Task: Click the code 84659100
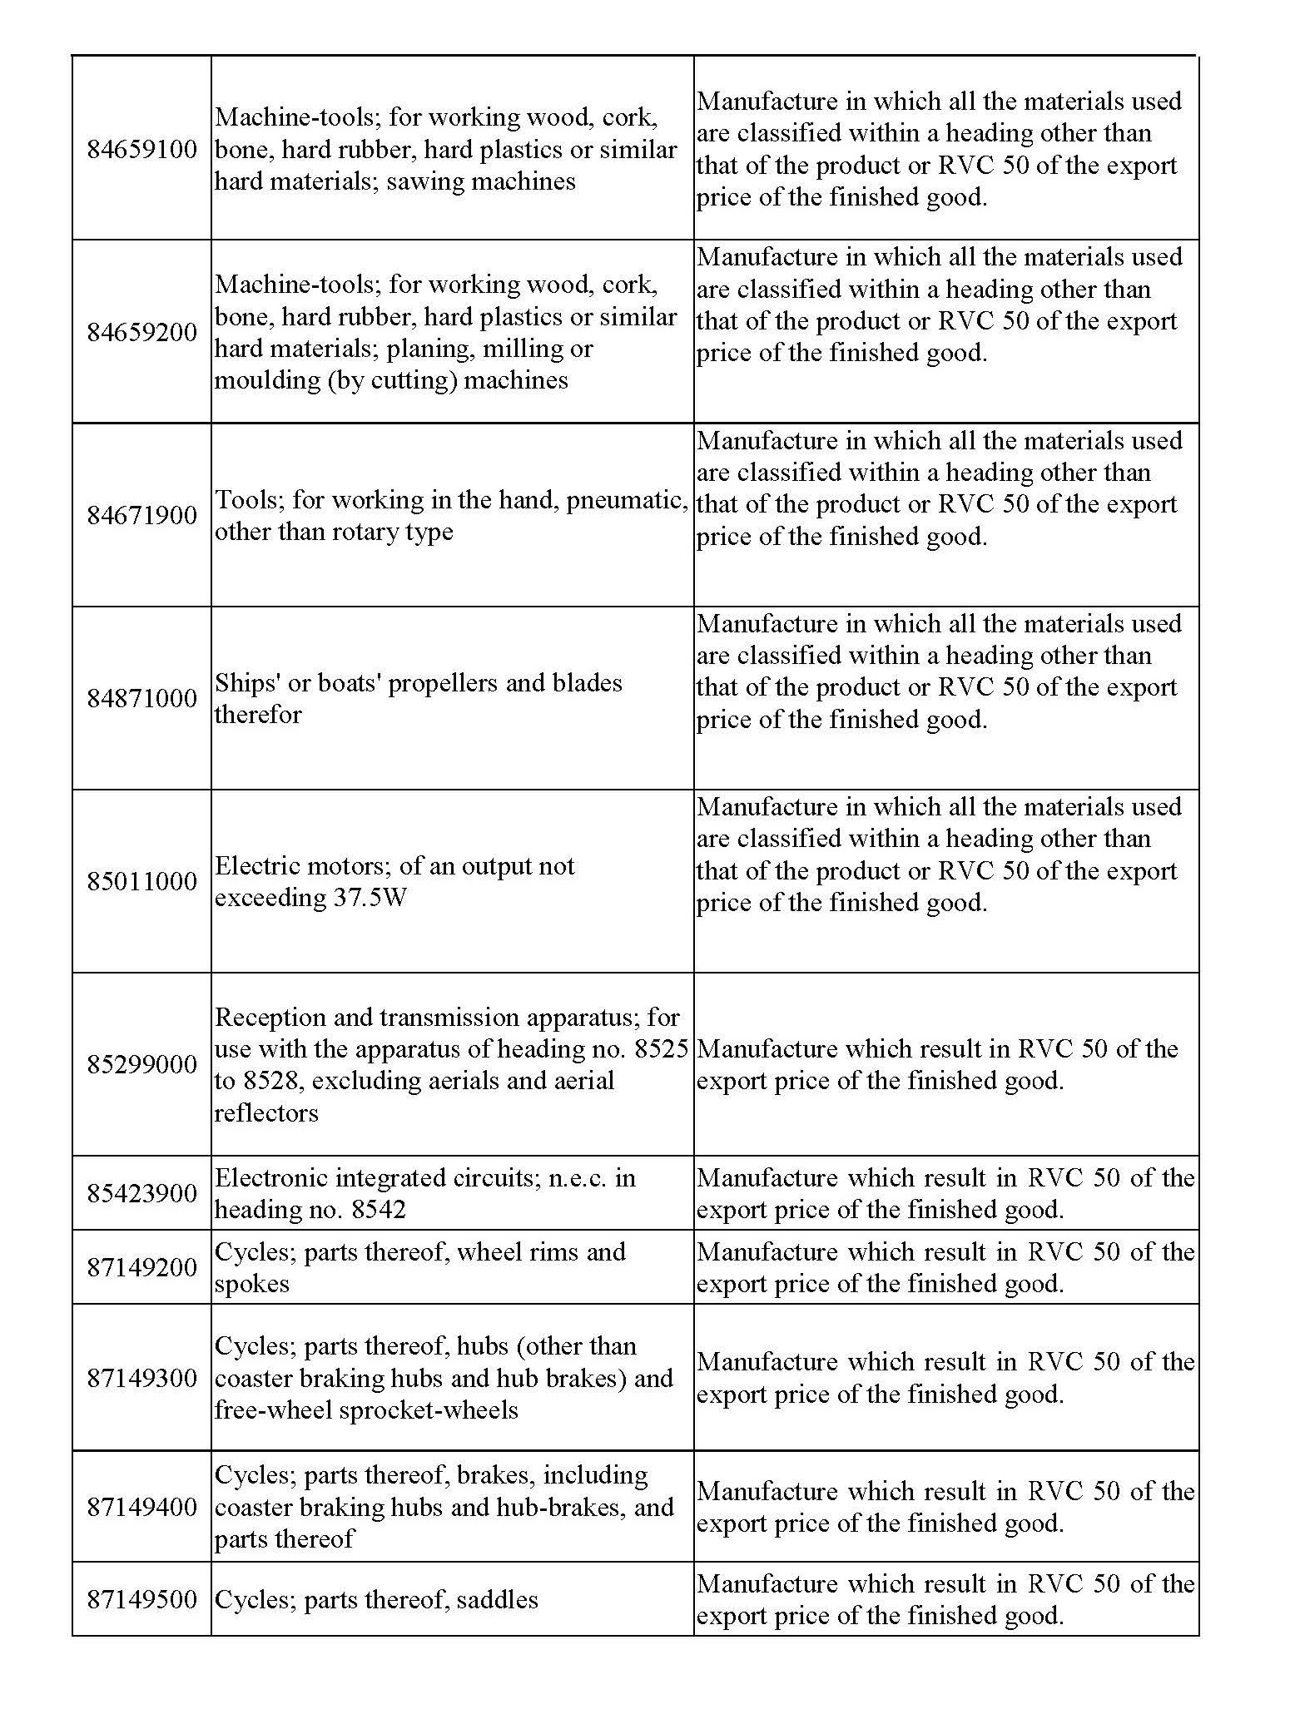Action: tap(141, 150)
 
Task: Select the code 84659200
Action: tap(141, 333)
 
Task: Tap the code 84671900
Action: tap(141, 516)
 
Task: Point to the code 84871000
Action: tap(141, 699)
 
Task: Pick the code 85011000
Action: tap(141, 882)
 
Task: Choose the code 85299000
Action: tap(141, 1065)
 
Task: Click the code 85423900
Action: tap(141, 1194)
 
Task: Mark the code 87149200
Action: tap(141, 1268)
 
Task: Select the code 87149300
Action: tap(141, 1379)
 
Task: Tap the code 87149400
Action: tap(141, 1508)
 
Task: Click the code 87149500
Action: tap(141, 1600)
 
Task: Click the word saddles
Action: tap(497, 1600)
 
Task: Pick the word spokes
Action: tap(252, 1285)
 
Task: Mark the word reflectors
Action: tap(266, 1113)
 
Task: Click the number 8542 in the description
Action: tap(379, 1210)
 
